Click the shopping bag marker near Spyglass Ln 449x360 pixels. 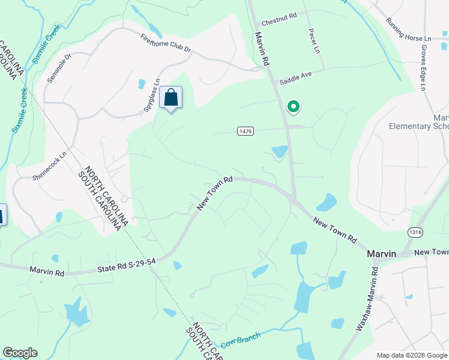pos(171,98)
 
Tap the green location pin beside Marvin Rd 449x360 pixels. pos(294,107)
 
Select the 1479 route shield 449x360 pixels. pos(244,131)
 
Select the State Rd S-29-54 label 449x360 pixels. pos(127,266)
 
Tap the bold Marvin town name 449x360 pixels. pos(381,254)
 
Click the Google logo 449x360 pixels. pos(20,353)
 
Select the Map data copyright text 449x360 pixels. pos(411,355)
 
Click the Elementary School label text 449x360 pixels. pos(418,126)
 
